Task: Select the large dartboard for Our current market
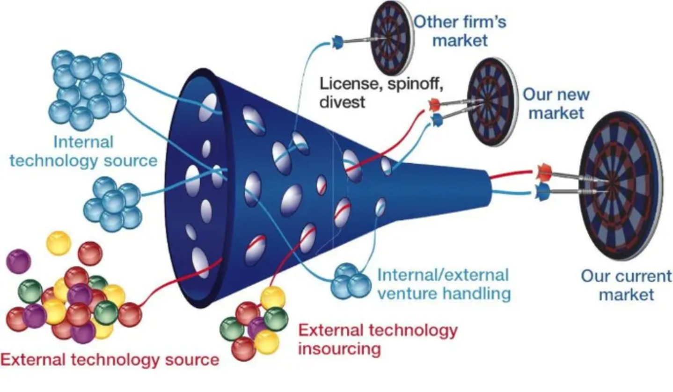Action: click(620, 185)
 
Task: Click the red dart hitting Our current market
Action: click(544, 173)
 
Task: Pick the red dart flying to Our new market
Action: click(435, 104)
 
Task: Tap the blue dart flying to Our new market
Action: click(438, 120)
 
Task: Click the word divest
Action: click(342, 102)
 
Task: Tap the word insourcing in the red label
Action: click(339, 349)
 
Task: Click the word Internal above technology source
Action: click(83, 142)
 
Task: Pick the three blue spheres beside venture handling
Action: click(350, 281)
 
